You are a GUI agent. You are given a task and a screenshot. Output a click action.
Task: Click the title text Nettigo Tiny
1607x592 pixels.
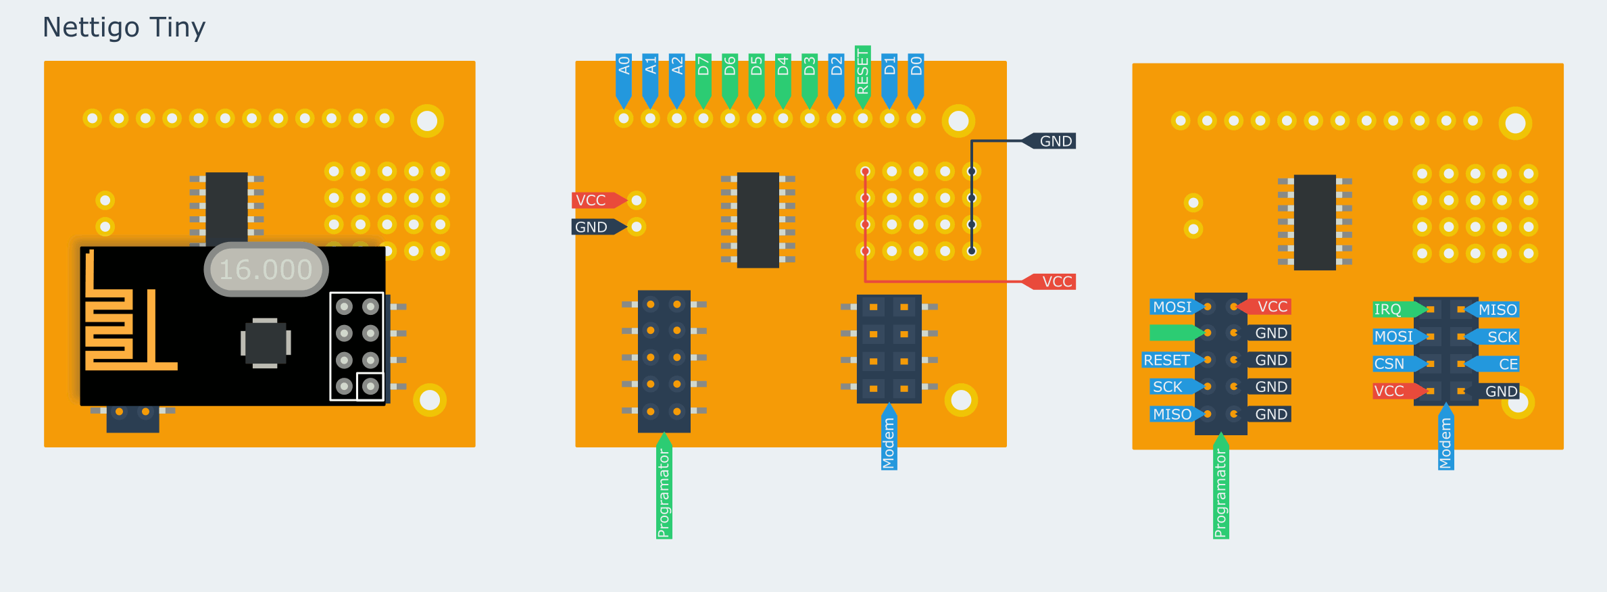coord(124,28)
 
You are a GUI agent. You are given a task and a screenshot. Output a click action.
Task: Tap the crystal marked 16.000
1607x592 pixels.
coord(266,270)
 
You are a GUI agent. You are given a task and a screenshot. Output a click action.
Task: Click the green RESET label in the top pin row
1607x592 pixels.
coord(862,70)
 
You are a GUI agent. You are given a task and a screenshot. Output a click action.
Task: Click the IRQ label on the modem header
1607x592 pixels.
coord(1388,310)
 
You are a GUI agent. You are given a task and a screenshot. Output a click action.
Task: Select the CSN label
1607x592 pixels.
coord(1389,364)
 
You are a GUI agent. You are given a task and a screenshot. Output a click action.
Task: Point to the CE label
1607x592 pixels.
coord(1508,364)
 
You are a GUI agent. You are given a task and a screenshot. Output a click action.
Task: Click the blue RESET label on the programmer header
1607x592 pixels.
coord(1166,360)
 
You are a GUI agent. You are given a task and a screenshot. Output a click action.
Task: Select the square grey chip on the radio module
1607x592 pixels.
coord(266,343)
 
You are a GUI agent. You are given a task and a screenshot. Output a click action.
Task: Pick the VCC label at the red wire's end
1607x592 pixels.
coord(1056,282)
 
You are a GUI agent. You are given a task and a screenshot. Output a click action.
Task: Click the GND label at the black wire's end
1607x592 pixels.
coord(1056,141)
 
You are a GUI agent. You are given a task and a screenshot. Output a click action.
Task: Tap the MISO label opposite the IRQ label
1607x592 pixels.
coord(1498,310)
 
